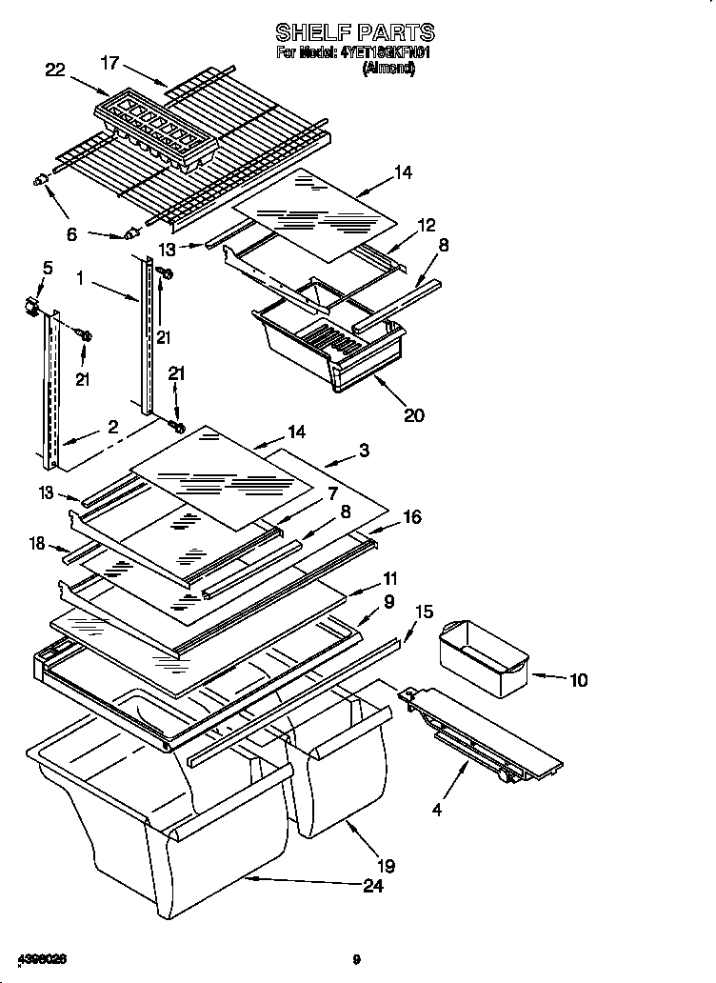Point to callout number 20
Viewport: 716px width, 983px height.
pos(413,415)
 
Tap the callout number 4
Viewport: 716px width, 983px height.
pos(437,811)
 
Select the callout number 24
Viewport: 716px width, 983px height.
pos(372,887)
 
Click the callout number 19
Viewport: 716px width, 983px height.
pos(385,866)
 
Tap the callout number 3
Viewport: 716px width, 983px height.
pos(364,449)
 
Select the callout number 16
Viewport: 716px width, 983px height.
pos(411,517)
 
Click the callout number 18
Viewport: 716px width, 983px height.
pos(37,544)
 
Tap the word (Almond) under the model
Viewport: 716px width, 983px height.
pos(388,69)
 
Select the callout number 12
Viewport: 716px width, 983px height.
pos(426,225)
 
